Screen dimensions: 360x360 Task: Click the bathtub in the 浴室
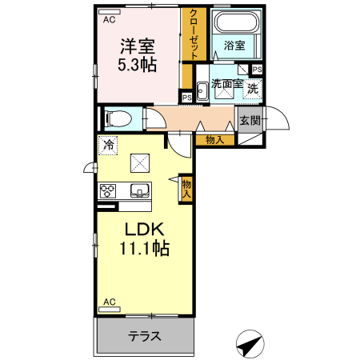pos(237,22)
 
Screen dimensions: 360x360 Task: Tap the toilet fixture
pos(118,118)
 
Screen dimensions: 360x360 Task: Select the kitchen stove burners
pos(108,191)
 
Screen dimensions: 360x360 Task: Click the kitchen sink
pos(139,190)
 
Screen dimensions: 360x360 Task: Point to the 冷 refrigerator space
pos(108,146)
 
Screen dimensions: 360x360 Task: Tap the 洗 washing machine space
pos(252,89)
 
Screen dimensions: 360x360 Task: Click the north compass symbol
pos(250,344)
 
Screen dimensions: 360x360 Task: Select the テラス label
pos(145,336)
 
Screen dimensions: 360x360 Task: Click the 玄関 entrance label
pos(250,121)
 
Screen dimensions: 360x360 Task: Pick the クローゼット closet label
pos(194,34)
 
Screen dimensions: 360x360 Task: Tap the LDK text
pos(144,230)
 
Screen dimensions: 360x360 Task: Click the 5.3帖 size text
pos(137,65)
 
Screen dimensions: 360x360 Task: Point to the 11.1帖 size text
pos(145,248)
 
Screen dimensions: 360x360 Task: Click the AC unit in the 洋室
pos(110,12)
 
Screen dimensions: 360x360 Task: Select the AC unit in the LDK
pos(110,310)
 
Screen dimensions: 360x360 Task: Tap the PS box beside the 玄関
pos(257,70)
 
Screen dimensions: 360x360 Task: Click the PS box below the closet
pos(187,98)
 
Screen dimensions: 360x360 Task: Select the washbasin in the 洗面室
pos(202,90)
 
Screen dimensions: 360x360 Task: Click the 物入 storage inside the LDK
pos(186,189)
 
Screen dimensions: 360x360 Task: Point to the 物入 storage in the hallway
pos(215,140)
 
